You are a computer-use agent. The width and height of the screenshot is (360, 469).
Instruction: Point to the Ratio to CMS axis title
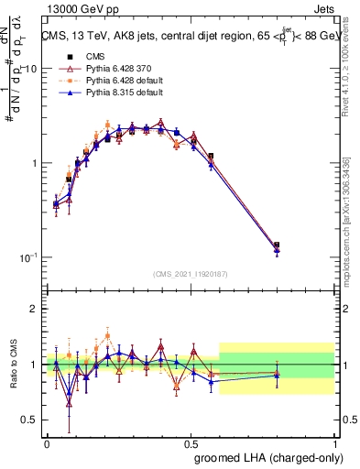[x=12, y=365]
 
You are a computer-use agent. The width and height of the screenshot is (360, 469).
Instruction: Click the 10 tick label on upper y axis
[x=28, y=70]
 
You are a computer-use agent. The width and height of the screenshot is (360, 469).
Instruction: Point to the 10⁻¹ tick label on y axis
[x=27, y=257]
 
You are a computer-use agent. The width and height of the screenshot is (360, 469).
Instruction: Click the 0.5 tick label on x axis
[x=191, y=442]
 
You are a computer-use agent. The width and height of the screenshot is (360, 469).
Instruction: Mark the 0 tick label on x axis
[x=47, y=442]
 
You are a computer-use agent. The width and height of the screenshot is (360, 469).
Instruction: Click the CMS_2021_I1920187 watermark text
[x=191, y=274]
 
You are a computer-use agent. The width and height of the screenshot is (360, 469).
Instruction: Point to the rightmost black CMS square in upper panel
[x=277, y=245]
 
